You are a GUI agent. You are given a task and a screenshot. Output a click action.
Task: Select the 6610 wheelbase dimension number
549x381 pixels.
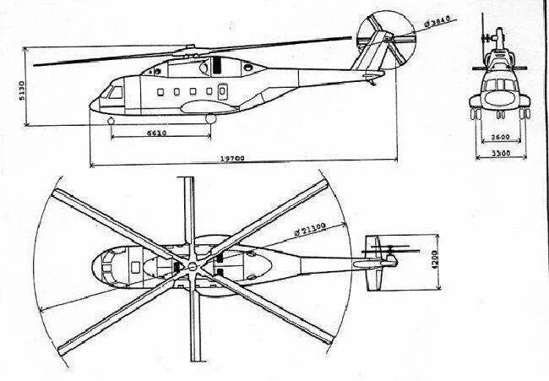click(155, 133)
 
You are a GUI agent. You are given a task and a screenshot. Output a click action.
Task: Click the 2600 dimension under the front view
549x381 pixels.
click(500, 136)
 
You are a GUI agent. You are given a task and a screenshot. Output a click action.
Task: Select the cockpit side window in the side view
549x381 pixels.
click(116, 90)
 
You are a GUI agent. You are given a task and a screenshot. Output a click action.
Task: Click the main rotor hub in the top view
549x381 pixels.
click(192, 267)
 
